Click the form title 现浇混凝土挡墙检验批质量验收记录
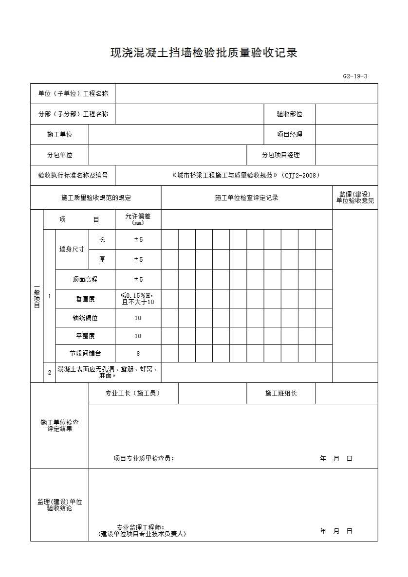[204, 53]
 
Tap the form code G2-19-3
[355, 76]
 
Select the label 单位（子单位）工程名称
[73, 93]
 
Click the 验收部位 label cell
[289, 114]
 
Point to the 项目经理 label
[289, 134]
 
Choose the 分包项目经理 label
[280, 155]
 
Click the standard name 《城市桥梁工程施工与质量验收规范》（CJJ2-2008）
[246, 175]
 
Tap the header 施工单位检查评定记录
[246, 198]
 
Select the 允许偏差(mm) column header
[138, 219]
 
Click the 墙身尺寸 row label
[72, 249]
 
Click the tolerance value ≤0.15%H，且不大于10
[138, 299]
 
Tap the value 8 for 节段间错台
[138, 354]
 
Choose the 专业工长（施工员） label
[133, 393]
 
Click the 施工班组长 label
[280, 393]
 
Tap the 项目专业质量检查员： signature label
[144, 458]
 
